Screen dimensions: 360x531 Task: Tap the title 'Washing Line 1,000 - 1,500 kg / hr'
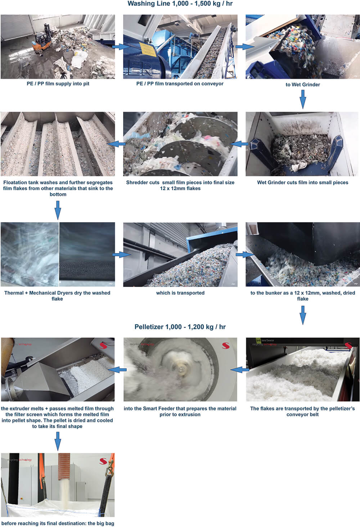pyautogui.click(x=180, y=4)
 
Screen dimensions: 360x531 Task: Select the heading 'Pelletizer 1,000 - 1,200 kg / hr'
pyautogui.click(x=180, y=327)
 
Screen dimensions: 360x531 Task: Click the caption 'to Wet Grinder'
pyautogui.click(x=303, y=85)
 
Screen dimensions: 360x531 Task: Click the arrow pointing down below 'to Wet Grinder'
pyautogui.click(x=303, y=99)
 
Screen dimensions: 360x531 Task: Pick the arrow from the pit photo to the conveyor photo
pyautogui.click(x=121, y=46)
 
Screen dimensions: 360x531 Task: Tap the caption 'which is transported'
pyautogui.click(x=180, y=293)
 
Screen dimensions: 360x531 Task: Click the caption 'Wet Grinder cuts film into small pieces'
pyautogui.click(x=303, y=183)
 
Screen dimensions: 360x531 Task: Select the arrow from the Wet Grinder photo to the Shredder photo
pyautogui.click(x=239, y=144)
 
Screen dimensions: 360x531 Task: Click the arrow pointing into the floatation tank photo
pyautogui.click(x=116, y=144)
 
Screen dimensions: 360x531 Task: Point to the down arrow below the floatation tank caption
pyautogui.click(x=58, y=210)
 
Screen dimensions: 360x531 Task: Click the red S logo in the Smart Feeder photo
pyautogui.click(x=226, y=346)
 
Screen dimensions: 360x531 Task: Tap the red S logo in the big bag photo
pyautogui.click(x=103, y=461)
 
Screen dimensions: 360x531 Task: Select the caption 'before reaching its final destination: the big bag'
pyautogui.click(x=58, y=523)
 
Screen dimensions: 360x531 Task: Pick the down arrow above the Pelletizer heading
pyautogui.click(x=303, y=315)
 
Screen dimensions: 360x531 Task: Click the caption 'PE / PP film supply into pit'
pyautogui.click(x=58, y=84)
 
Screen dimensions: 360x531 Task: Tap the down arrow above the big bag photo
pyautogui.click(x=58, y=441)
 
